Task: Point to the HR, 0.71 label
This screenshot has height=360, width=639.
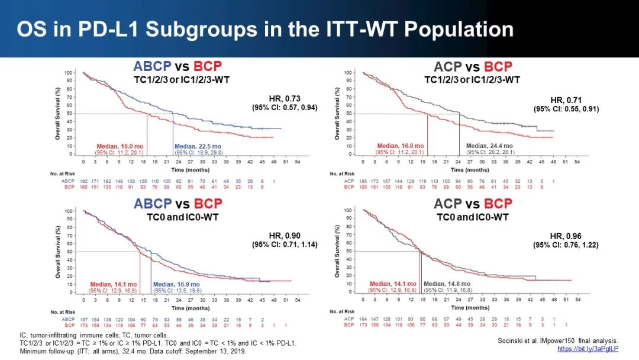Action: click(x=565, y=99)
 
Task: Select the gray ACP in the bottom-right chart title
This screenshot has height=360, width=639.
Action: click(x=451, y=204)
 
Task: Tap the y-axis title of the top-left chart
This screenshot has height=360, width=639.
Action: click(x=59, y=112)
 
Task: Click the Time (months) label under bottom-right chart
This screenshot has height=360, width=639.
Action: click(x=463, y=308)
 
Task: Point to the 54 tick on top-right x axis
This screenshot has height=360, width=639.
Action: click(x=577, y=162)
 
